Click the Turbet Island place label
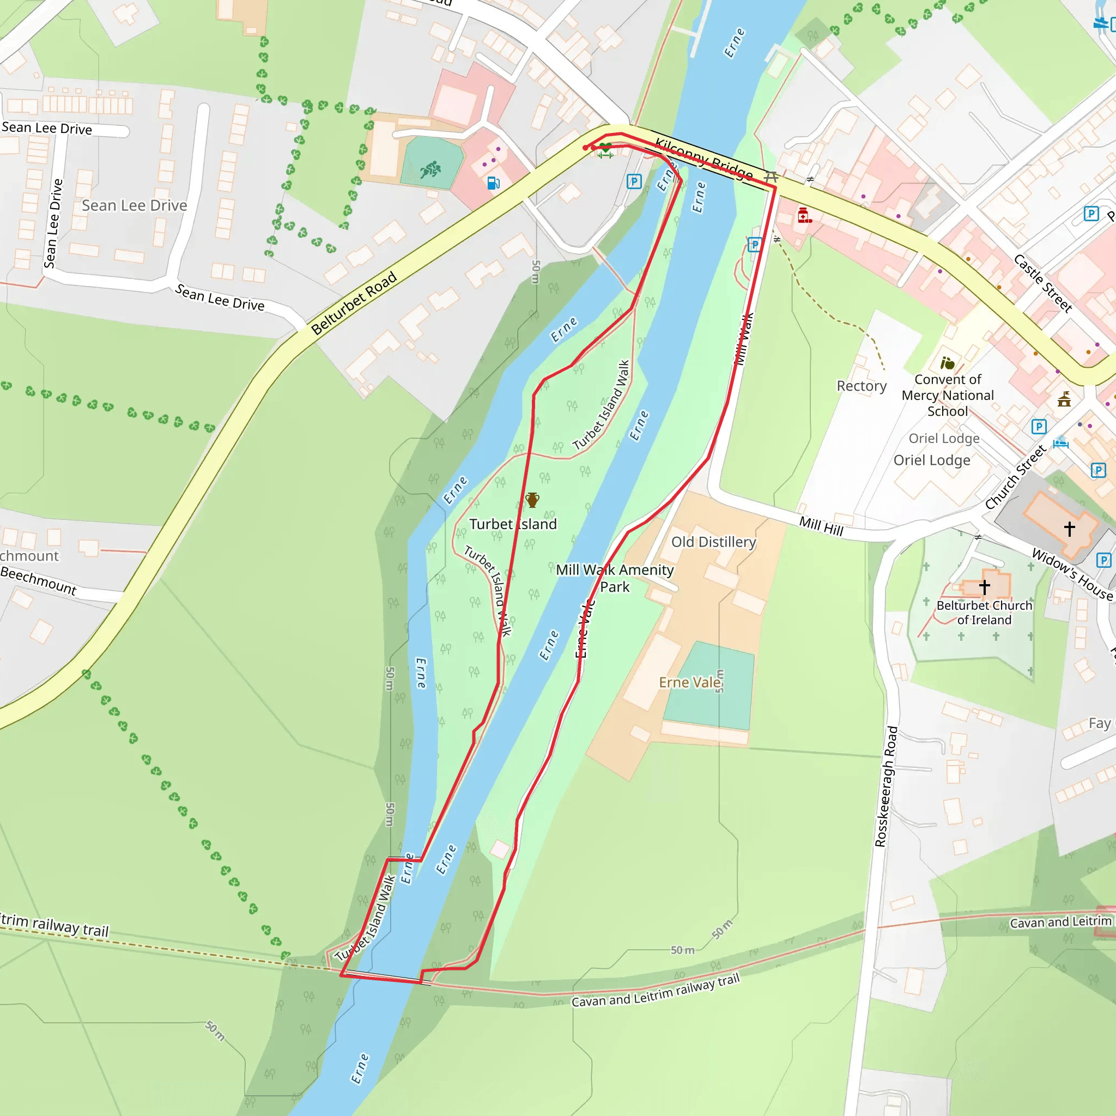[512, 524]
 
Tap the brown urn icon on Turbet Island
[532, 500]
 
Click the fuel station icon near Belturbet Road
[493, 183]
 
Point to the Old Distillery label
[713, 542]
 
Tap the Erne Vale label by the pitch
[690, 682]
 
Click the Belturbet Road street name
[354, 302]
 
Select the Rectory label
[862, 386]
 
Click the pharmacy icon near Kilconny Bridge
[804, 215]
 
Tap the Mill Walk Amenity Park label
[615, 578]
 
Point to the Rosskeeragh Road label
[886, 786]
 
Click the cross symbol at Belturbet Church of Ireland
[985, 587]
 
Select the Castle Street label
[1042, 283]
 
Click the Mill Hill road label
[821, 526]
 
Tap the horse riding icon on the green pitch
[430, 170]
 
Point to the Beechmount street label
[38, 580]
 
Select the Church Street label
[1016, 477]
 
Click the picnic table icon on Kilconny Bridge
[771, 176]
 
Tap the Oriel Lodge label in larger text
[932, 460]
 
